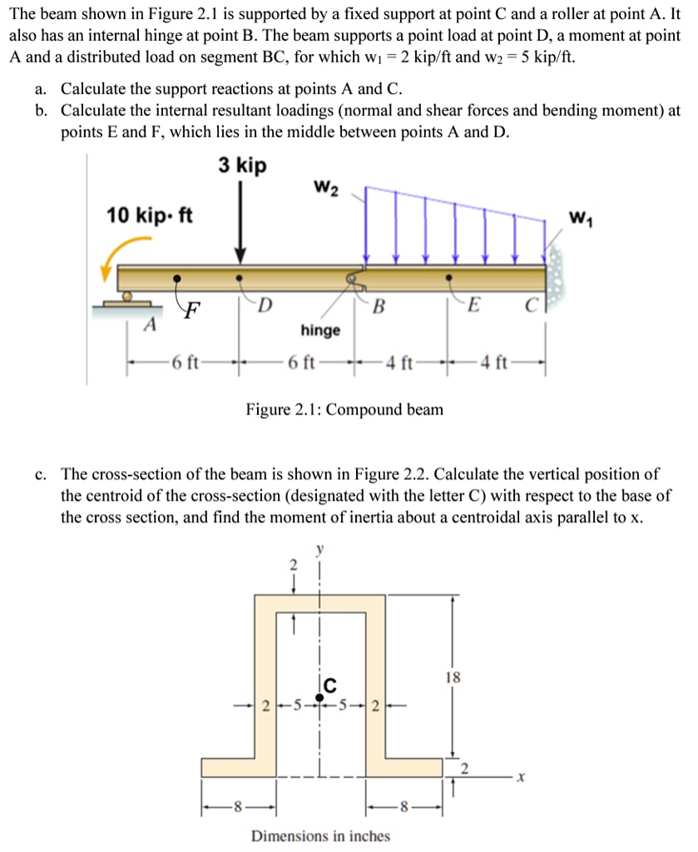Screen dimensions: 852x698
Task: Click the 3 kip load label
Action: pyautogui.click(x=242, y=166)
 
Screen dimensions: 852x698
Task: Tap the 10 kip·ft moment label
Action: pyautogui.click(x=150, y=216)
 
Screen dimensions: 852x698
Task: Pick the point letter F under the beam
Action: pyautogui.click(x=191, y=313)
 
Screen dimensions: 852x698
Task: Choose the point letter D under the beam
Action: pyautogui.click(x=264, y=304)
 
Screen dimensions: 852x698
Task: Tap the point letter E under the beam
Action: pyautogui.click(x=473, y=305)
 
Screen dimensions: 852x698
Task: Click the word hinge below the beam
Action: pyautogui.click(x=320, y=330)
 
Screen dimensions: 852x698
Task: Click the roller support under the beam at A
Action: pyautogui.click(x=126, y=296)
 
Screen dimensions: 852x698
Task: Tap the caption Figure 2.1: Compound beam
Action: pyautogui.click(x=344, y=409)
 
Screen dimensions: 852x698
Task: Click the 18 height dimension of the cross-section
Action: pyautogui.click(x=453, y=677)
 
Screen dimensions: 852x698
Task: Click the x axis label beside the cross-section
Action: pyautogui.click(x=519, y=778)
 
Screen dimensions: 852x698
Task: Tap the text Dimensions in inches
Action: pyautogui.click(x=320, y=835)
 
